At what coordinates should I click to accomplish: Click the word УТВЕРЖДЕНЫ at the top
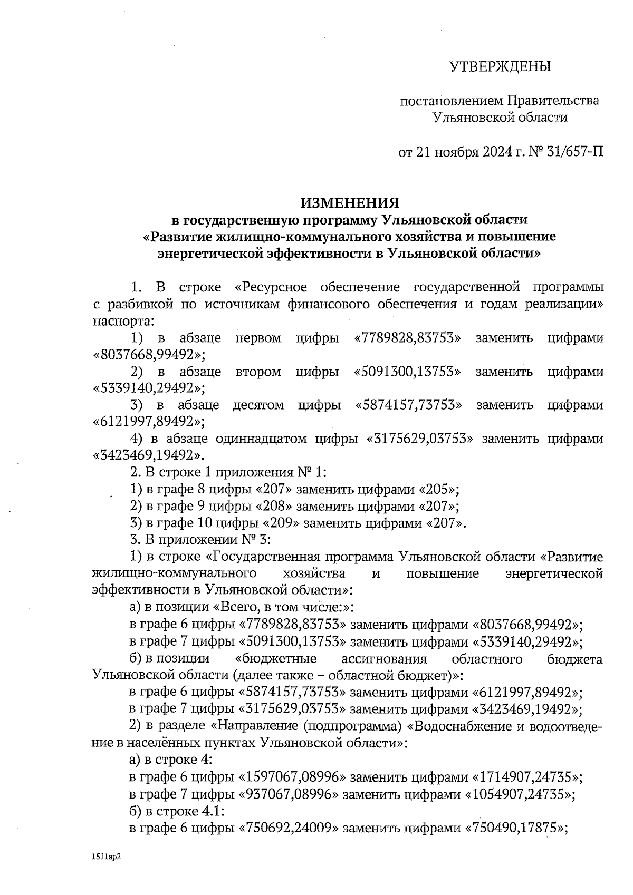500,66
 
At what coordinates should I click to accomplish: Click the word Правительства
553,100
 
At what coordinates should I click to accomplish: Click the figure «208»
274,507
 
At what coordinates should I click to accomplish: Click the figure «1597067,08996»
292,777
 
